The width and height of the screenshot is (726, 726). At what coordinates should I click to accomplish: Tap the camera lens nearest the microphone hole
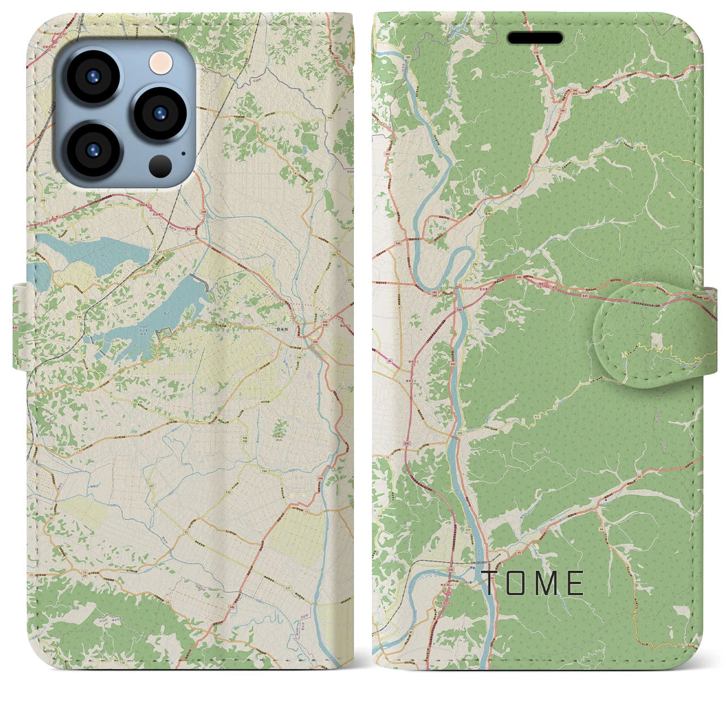(x=160, y=112)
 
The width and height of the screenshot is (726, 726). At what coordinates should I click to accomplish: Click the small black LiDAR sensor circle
(x=161, y=165)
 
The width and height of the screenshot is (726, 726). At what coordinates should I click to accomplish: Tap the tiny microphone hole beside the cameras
(x=183, y=153)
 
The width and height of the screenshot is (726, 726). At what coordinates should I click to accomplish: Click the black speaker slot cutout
(x=535, y=38)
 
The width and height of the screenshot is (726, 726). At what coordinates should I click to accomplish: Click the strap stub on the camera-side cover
(x=20, y=327)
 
